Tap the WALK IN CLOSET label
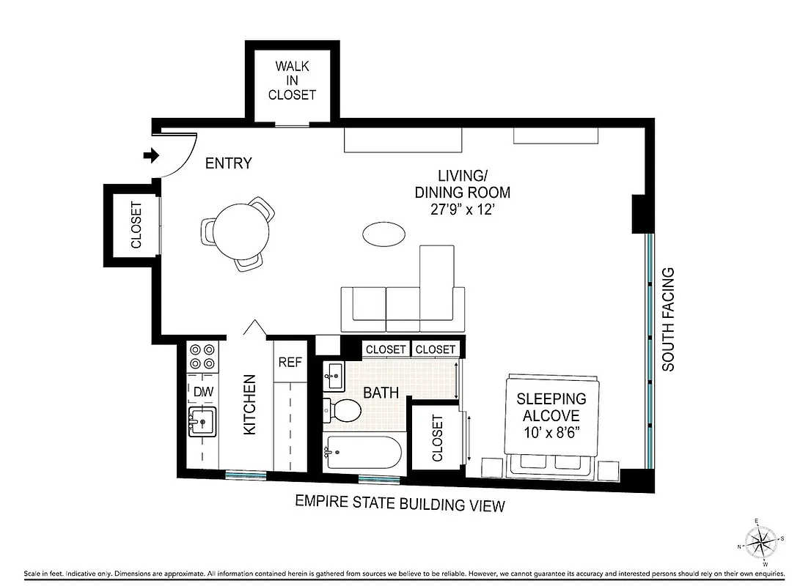(x=292, y=81)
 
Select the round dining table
(x=236, y=229)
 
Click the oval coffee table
(x=384, y=234)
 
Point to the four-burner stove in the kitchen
(x=202, y=357)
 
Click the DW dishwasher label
(x=203, y=393)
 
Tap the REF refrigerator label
(x=289, y=361)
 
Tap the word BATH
(x=381, y=393)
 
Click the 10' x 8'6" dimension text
(x=551, y=431)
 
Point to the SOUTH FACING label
(x=668, y=319)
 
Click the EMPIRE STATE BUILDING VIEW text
(x=400, y=505)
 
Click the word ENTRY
(x=228, y=163)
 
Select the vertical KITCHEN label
(x=249, y=405)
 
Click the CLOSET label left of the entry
(x=136, y=225)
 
